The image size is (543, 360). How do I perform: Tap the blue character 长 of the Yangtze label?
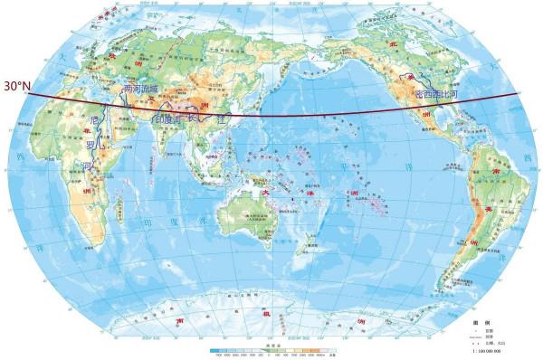pos(193,118)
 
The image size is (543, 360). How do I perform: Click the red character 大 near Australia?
pos(265,191)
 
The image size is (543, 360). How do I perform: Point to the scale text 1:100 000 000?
pos(493,353)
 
